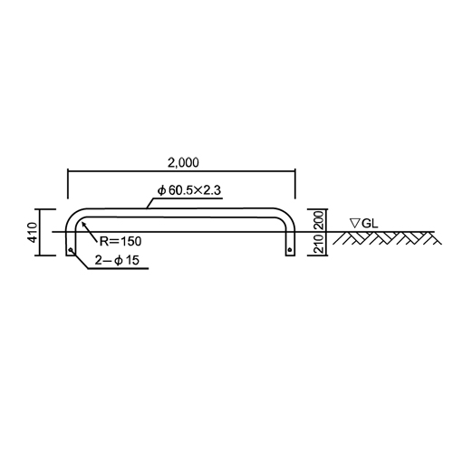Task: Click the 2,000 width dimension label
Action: [183, 163]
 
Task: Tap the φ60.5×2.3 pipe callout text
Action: [189, 190]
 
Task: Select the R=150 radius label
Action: [120, 241]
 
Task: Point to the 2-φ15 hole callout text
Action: [117, 260]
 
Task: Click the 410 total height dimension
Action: [34, 232]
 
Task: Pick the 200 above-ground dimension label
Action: [319, 220]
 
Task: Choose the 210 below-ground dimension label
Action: [319, 244]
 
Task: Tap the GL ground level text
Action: [370, 224]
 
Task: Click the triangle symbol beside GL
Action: [354, 223]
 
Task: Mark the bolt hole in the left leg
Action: [71, 250]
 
